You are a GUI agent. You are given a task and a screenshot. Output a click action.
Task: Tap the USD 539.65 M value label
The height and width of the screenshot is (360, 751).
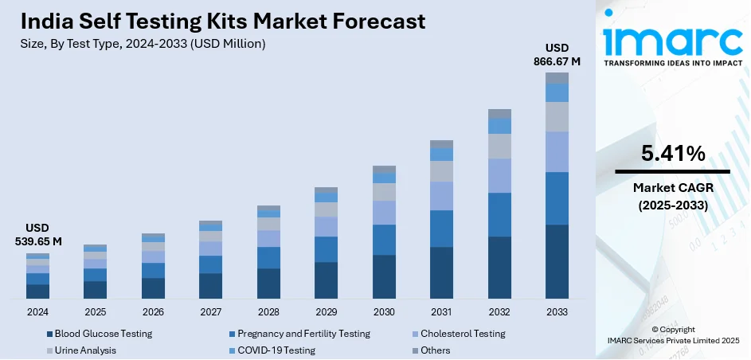click(38, 235)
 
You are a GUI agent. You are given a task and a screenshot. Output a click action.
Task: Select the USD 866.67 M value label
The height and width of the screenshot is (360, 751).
click(557, 54)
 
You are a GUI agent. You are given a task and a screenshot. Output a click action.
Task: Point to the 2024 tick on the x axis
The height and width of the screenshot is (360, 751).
click(38, 311)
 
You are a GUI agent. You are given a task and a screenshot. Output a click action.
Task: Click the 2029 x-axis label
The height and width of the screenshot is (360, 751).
click(326, 311)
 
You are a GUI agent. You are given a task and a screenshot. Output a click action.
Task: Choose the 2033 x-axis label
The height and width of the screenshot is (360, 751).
click(557, 311)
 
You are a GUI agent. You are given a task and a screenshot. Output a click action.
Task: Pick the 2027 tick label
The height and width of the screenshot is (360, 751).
click(210, 311)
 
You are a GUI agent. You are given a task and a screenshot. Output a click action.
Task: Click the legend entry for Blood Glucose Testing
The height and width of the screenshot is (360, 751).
click(100, 334)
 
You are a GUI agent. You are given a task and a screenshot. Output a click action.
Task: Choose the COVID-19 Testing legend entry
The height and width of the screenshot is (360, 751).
click(272, 350)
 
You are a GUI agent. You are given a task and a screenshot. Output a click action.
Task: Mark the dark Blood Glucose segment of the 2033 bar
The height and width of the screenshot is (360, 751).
click(557, 261)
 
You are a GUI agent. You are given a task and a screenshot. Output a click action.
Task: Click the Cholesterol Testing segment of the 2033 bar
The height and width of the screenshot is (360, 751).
click(557, 151)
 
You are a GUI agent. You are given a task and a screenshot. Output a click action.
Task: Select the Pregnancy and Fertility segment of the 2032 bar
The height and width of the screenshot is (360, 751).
click(499, 214)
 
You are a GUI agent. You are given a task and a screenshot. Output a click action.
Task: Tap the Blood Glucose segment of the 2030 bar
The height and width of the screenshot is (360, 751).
click(384, 276)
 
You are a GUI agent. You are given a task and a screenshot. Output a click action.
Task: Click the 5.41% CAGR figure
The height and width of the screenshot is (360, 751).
click(672, 154)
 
